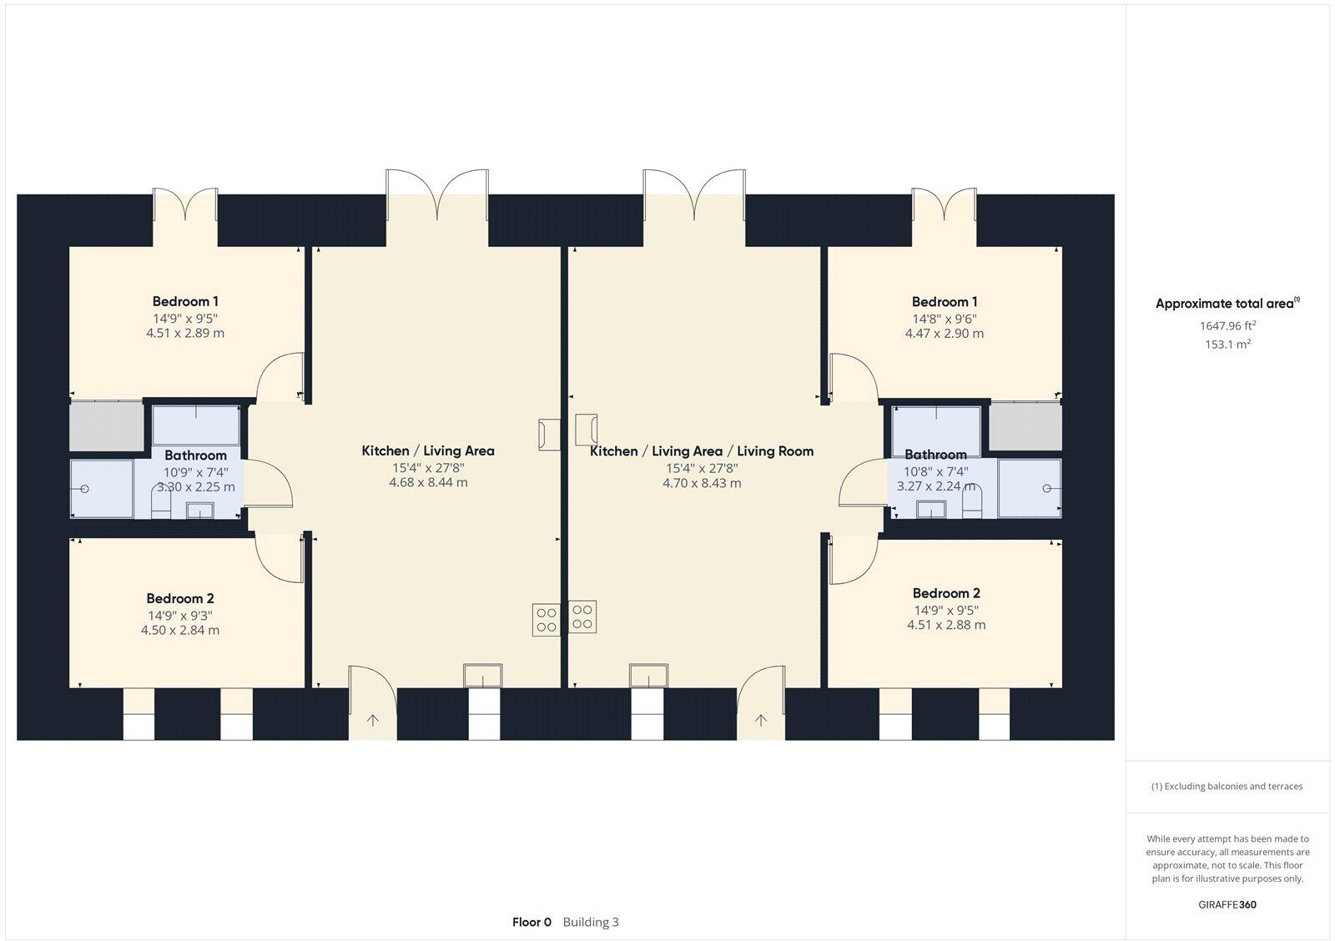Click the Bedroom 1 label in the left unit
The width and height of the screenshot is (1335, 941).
[x=185, y=301]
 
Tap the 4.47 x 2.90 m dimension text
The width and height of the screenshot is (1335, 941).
[x=944, y=333]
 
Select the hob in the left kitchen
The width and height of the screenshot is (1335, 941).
[x=547, y=619]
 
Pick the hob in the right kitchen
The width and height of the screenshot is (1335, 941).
[x=582, y=616]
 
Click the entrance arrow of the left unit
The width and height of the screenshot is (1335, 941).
[x=371, y=719]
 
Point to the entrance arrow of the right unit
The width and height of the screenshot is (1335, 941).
[x=760, y=719]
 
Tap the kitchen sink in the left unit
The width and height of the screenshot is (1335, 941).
[x=483, y=676]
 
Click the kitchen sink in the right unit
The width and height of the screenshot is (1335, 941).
[x=648, y=676]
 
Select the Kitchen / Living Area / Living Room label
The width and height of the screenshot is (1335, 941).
[x=701, y=450]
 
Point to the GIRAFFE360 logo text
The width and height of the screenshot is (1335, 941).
[x=1227, y=904]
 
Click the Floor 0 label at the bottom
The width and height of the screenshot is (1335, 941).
[x=531, y=922]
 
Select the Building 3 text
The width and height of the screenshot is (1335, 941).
[x=591, y=922]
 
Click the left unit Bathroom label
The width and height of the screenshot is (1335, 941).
[x=195, y=455]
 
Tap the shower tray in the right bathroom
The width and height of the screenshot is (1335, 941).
[x=1030, y=488]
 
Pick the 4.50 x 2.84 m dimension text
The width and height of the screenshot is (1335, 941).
[x=179, y=630]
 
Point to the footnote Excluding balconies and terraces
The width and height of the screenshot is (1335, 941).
[x=1227, y=786]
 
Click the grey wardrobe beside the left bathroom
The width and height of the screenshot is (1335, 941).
[x=106, y=425]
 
